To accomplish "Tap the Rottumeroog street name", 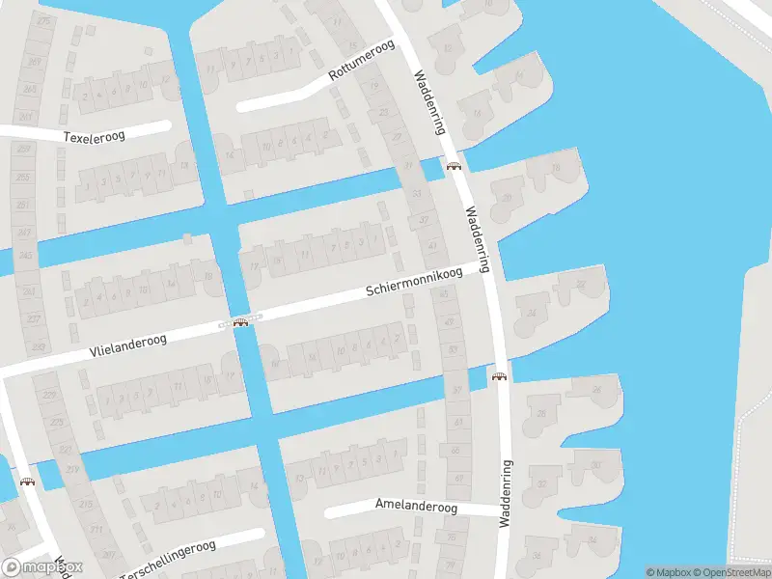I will point(363,62).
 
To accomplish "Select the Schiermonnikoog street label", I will point(413,281).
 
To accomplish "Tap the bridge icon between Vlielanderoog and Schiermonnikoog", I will point(240,321).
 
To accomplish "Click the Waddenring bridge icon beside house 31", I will point(453,166).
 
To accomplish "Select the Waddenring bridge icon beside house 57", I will point(499,377).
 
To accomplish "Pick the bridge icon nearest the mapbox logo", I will point(28,482).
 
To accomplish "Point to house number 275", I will point(44,19).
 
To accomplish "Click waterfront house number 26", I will point(595,390).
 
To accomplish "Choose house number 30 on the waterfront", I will point(595,465).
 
